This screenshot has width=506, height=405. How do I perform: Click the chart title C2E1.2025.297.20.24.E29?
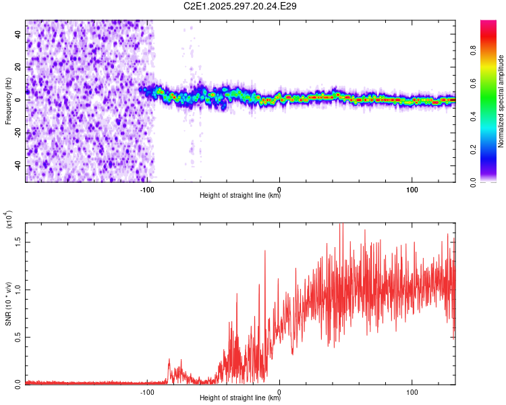pyautogui.click(x=241, y=6)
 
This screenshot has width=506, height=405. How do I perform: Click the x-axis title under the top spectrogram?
pyautogui.click(x=240, y=195)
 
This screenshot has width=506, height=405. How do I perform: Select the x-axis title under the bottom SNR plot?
pyautogui.click(x=240, y=398)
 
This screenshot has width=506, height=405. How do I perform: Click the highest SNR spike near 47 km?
pyautogui.click(x=342, y=225)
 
